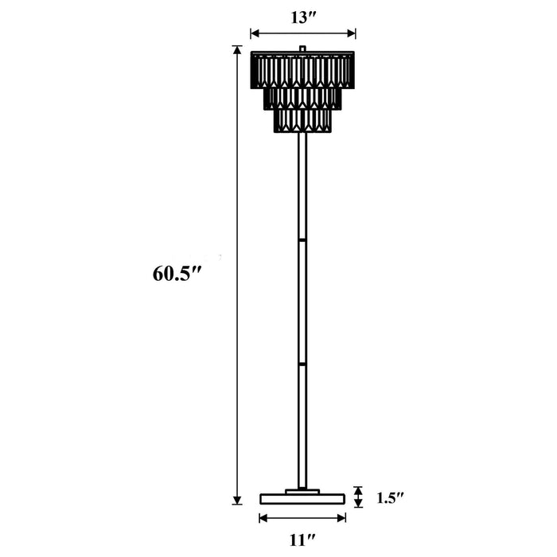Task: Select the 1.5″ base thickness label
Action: click(391, 498)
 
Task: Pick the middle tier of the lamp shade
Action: click(302, 99)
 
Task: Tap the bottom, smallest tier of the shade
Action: click(302, 121)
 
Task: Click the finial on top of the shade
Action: click(302, 49)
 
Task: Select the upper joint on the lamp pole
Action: click(302, 237)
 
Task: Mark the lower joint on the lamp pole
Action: click(302, 364)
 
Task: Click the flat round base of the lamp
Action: click(302, 499)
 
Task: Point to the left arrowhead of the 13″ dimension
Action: click(254, 33)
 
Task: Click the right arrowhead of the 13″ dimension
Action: click(352, 33)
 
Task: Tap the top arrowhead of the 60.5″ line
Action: click(236, 50)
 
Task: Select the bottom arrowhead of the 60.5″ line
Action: click(236, 501)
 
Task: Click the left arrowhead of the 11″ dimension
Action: click(263, 518)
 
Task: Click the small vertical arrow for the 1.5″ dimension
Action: click(358, 497)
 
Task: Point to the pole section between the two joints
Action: click(302, 301)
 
